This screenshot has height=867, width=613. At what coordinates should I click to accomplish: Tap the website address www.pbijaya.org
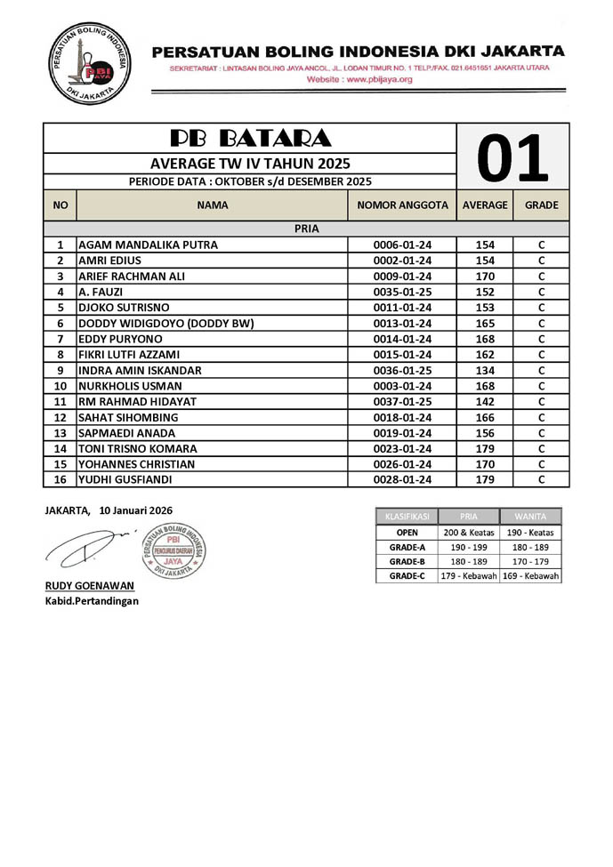(359, 79)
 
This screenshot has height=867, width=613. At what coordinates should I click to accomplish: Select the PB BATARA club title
(250, 138)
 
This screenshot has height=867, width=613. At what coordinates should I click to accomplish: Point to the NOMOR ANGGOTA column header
(402, 205)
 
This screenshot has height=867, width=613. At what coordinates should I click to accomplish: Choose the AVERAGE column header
(485, 205)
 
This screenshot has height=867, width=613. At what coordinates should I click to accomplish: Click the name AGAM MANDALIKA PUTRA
(149, 245)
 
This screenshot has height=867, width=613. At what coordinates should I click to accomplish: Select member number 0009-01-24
(402, 277)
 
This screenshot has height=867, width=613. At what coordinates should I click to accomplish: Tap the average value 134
(485, 370)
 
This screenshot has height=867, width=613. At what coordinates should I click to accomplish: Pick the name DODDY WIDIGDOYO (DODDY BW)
(166, 324)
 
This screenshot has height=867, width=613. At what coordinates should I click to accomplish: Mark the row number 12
(60, 417)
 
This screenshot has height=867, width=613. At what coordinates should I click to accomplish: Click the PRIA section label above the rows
(306, 229)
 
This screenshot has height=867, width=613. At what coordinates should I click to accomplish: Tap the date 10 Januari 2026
(136, 510)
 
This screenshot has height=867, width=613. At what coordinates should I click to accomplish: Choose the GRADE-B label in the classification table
(407, 562)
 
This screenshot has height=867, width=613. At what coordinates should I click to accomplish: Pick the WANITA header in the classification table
(531, 517)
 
